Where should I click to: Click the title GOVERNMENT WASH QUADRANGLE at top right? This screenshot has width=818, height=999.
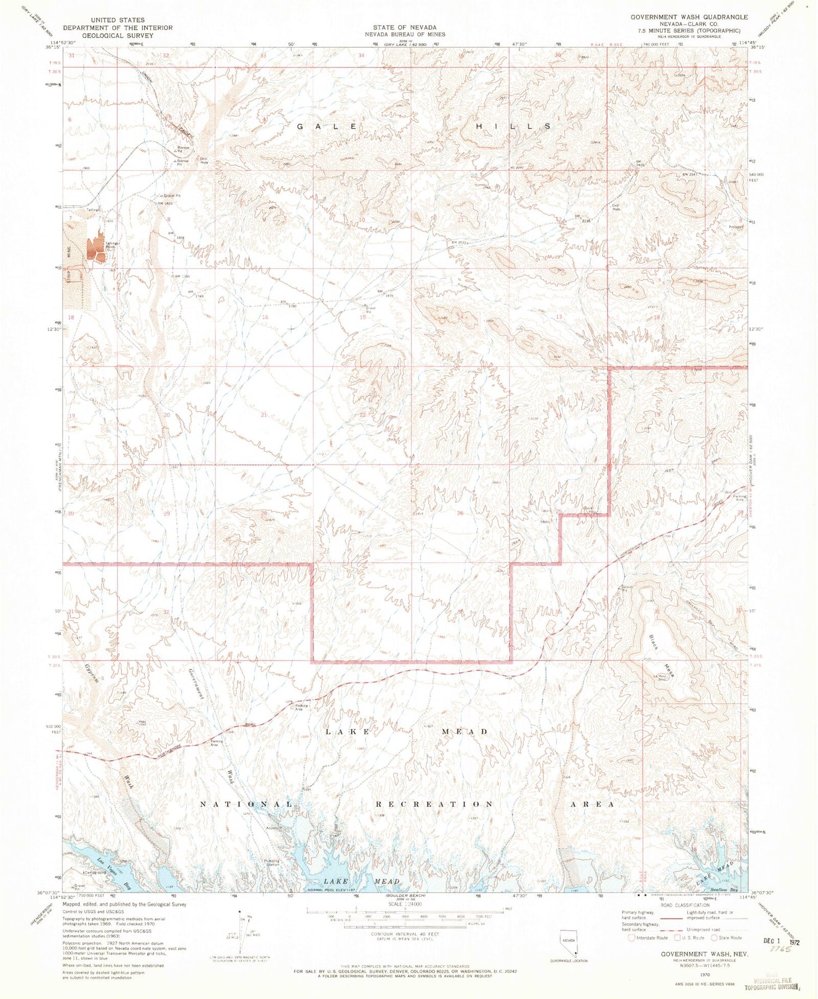click(689, 17)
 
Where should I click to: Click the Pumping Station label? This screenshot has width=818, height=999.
click(272, 863)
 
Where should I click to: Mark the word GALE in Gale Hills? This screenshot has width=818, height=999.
click(327, 126)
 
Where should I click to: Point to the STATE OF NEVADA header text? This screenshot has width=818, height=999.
click(405, 27)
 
